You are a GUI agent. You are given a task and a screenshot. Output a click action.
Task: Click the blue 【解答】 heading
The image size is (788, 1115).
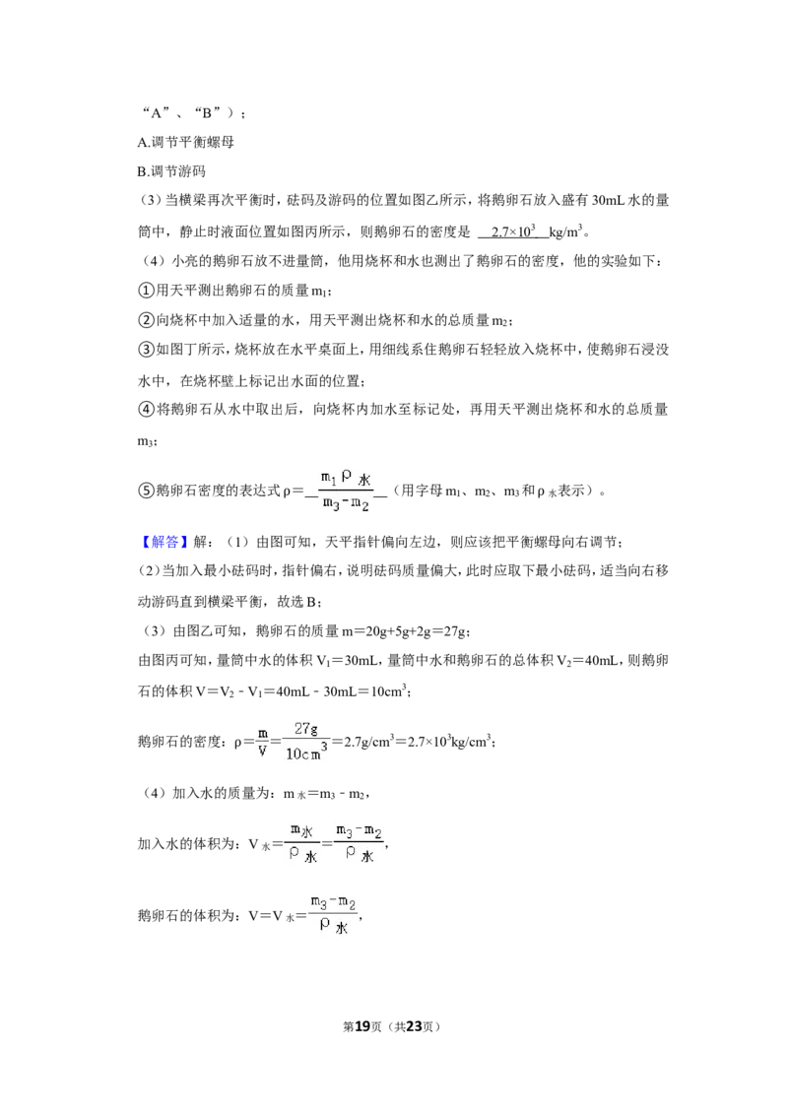[x=163, y=542]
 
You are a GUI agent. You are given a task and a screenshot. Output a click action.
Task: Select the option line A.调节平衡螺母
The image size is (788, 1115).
[x=185, y=142]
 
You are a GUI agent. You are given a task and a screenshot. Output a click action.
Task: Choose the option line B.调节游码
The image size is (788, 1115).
[x=171, y=171]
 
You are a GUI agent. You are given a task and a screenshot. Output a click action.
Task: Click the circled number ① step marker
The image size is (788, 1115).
[x=145, y=291]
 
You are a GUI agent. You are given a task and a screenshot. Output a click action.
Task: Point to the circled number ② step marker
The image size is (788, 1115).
[x=145, y=320]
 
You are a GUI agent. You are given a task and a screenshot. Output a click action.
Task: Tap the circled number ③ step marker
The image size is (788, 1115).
[x=145, y=349]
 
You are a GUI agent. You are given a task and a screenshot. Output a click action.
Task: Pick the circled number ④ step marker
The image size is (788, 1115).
[x=145, y=409]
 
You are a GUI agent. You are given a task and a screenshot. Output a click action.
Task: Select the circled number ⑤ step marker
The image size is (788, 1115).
[x=145, y=491]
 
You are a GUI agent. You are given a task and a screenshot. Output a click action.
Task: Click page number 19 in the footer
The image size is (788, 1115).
[x=362, y=1026]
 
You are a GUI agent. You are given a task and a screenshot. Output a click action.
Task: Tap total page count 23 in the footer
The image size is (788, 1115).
[x=413, y=1026]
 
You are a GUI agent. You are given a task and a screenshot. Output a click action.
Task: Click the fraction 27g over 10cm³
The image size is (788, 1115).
[x=305, y=741]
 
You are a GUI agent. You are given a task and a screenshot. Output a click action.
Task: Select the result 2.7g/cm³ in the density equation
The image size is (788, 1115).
[x=367, y=742]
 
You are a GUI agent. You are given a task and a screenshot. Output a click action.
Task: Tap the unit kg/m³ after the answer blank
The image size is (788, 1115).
[x=565, y=231]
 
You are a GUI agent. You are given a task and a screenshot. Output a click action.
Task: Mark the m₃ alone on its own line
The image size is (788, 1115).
[x=146, y=441]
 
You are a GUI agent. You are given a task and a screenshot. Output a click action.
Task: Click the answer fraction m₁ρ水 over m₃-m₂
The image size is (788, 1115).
[x=346, y=491]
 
